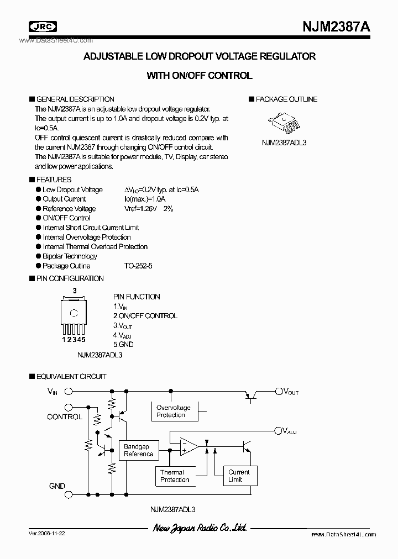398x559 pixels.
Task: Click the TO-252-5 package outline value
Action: tap(138, 266)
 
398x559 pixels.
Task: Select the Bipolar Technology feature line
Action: tap(70, 256)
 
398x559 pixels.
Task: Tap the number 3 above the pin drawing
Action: tap(75, 291)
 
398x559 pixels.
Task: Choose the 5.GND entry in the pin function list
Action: tap(123, 344)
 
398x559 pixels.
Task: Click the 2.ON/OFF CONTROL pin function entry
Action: tap(145, 316)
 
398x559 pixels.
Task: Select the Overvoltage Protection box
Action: tap(174, 411)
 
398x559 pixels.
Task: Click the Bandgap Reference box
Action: tap(138, 450)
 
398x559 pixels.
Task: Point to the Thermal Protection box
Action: tap(175, 476)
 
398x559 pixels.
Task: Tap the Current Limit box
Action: tap(239, 476)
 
